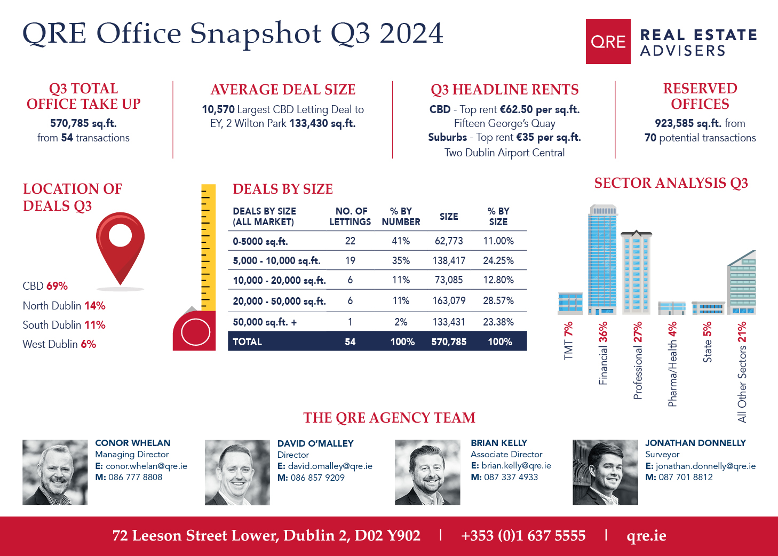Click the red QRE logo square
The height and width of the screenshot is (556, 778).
[x=608, y=42]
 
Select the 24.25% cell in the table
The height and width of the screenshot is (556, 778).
[x=498, y=261]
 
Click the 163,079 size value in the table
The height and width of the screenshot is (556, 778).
[x=449, y=301]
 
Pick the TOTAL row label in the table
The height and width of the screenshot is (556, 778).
[x=247, y=342]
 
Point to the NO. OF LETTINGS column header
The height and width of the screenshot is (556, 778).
[x=350, y=217]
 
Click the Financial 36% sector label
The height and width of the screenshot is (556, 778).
[x=603, y=353]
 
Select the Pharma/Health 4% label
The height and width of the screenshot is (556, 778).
[x=672, y=364]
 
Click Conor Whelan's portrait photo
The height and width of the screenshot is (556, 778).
[x=55, y=472]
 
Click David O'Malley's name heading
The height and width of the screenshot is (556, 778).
[x=315, y=443]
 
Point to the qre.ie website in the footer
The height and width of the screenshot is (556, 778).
[x=646, y=536]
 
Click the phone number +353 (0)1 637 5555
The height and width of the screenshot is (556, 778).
[x=523, y=536]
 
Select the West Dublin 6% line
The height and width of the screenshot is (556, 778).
[x=59, y=344]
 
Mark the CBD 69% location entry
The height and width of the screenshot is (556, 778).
[x=45, y=286]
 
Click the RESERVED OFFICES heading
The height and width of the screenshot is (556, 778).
[x=700, y=96]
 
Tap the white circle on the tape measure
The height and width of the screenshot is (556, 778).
[x=195, y=332]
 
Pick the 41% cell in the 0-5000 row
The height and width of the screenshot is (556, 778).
[x=401, y=241]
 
